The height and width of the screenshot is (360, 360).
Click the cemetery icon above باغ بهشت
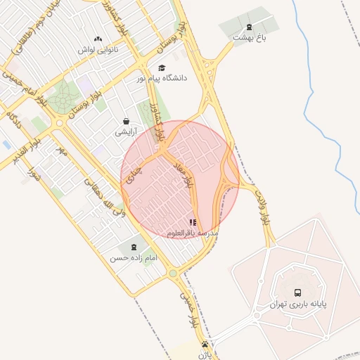tap(249, 27)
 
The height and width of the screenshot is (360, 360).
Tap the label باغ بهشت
tap(251, 37)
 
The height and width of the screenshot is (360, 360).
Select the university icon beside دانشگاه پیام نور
tap(162, 67)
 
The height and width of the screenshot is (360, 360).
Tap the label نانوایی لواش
tap(98, 50)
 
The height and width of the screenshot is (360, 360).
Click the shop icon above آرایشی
tap(126, 121)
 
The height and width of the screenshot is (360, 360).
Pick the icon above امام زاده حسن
tap(132, 247)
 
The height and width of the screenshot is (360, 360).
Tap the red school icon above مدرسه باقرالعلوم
tap(193, 222)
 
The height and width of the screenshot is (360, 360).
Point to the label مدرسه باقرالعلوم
tap(193, 232)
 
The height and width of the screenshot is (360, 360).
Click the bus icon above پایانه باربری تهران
tap(297, 292)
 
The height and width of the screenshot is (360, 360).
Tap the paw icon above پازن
tap(205, 344)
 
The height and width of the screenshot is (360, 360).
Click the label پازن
tap(204, 354)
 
